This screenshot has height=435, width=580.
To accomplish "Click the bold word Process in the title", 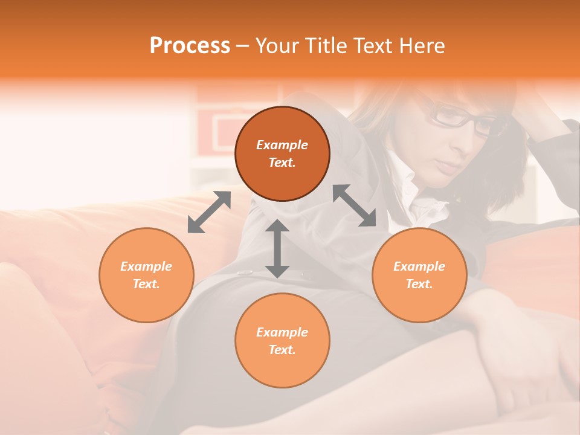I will (190, 46).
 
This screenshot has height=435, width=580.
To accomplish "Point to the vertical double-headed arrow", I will (277, 248).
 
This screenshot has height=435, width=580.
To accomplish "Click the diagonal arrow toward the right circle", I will (355, 205).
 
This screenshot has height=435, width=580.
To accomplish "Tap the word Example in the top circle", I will (282, 145).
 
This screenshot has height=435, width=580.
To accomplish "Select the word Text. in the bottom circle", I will (282, 350).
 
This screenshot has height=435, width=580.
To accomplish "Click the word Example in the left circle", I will (146, 266).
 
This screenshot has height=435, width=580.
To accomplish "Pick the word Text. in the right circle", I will (419, 284).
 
